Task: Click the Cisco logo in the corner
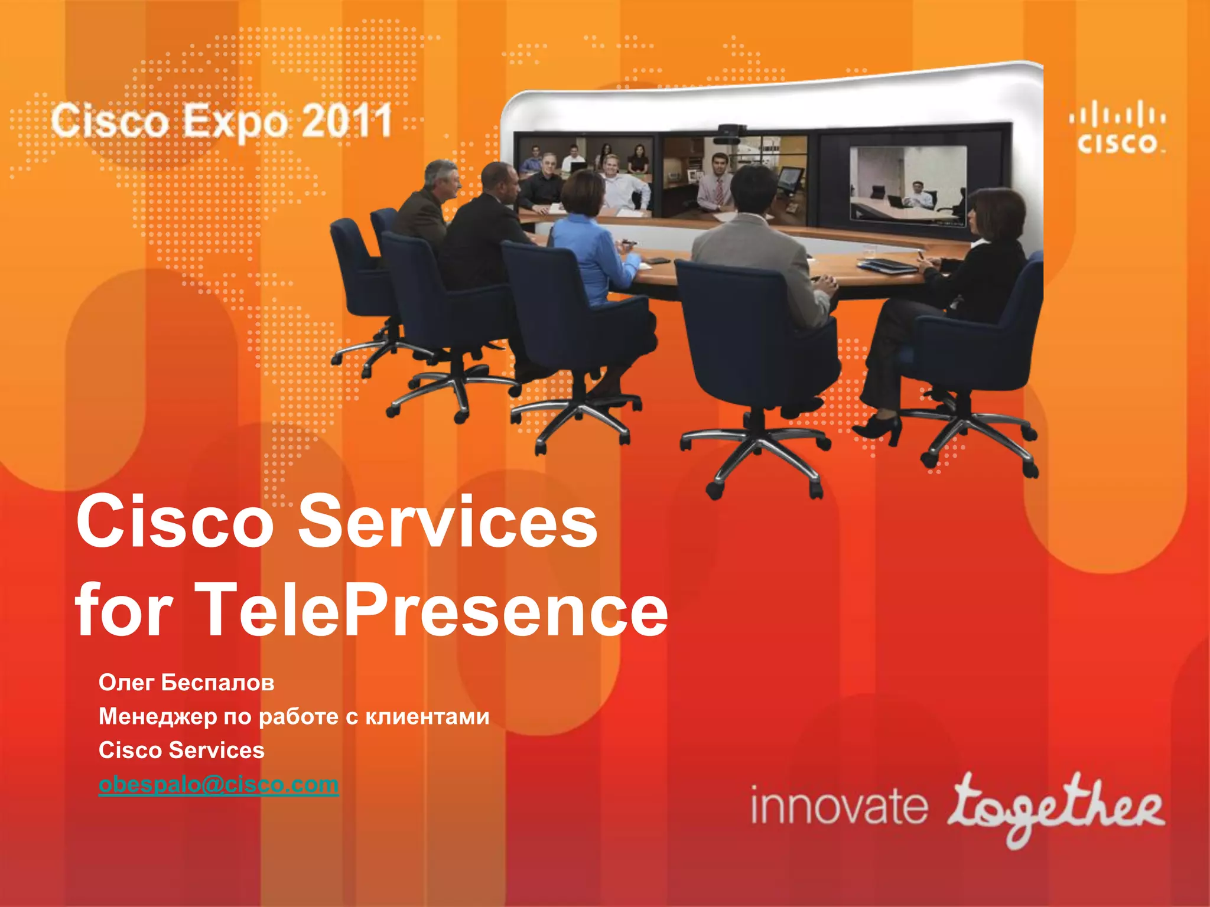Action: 1117,129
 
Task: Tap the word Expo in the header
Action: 235,122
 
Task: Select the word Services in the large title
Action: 447,521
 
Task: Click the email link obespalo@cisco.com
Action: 219,784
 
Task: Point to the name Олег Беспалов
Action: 186,683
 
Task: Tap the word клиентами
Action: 427,716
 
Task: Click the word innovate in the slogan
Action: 838,807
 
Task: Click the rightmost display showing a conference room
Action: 908,184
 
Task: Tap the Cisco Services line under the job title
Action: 181,750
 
